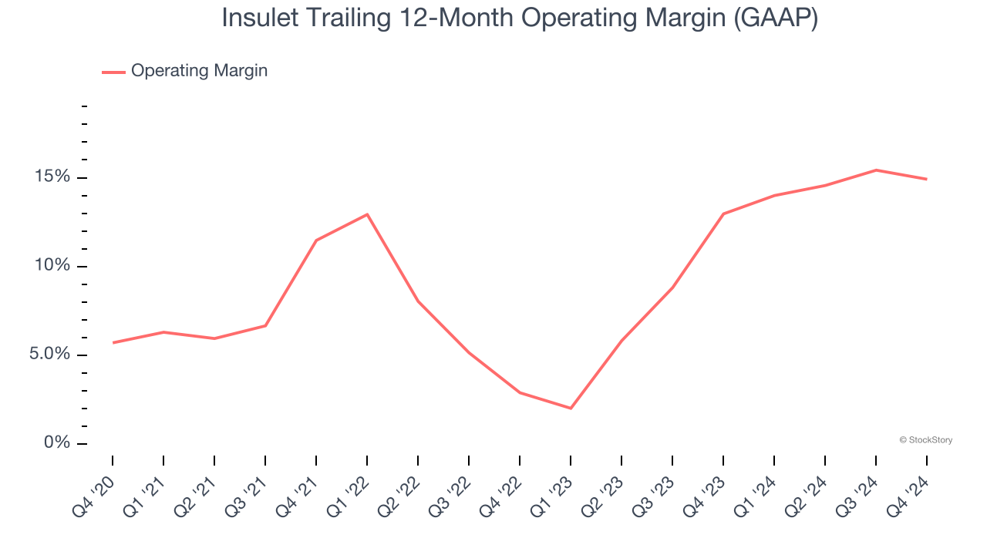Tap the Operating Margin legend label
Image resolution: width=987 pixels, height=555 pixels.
click(199, 71)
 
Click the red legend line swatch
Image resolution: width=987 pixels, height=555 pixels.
click(113, 72)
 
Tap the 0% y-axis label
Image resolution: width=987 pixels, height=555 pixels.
click(58, 443)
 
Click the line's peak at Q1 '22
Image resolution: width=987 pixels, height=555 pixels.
click(367, 214)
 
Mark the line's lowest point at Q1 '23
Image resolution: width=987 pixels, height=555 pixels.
click(571, 408)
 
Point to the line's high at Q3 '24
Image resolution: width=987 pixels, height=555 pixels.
click(876, 170)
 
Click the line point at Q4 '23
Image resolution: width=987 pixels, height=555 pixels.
click(723, 214)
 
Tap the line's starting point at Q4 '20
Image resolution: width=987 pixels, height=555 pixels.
click(113, 342)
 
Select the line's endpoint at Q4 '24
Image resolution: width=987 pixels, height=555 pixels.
click(927, 179)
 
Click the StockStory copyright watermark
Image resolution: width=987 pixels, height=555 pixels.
click(926, 440)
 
